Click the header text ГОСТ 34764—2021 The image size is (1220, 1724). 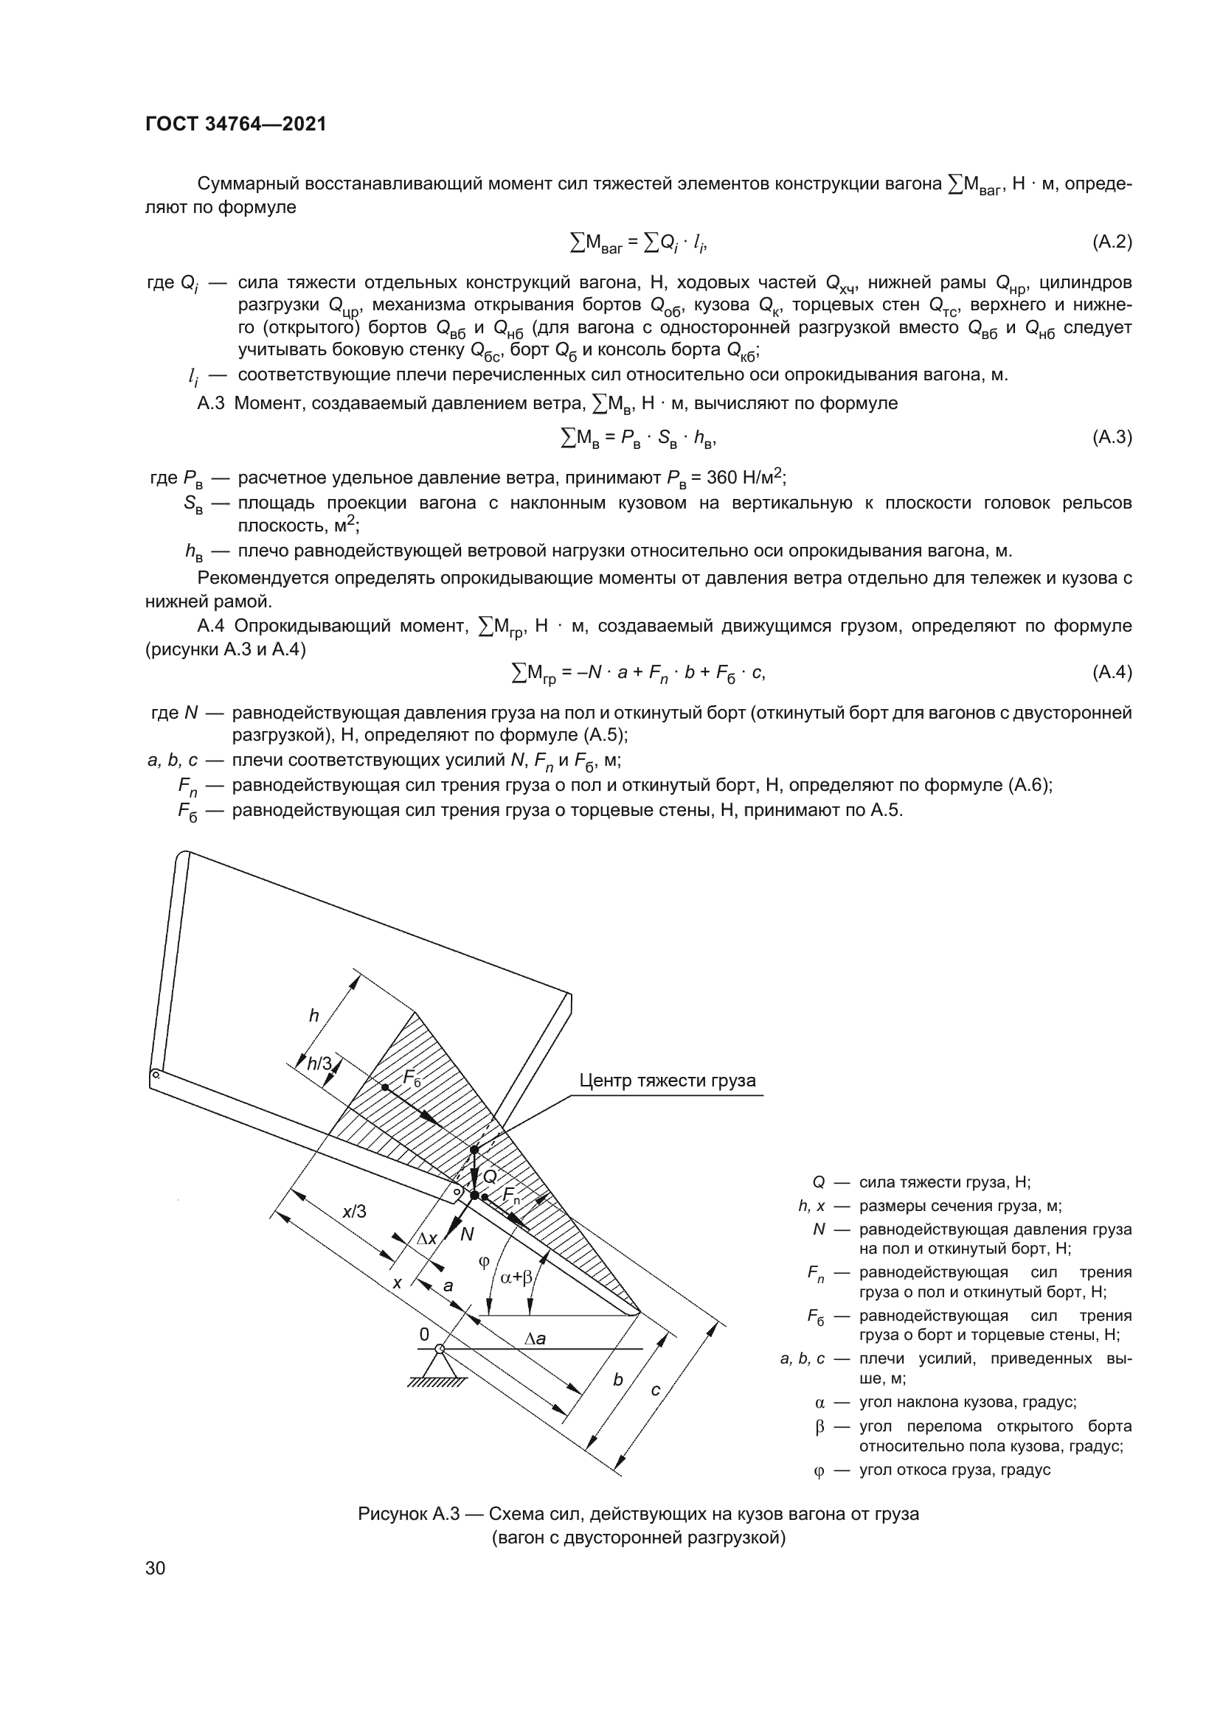(x=236, y=125)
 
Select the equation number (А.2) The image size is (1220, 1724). (x=1111, y=242)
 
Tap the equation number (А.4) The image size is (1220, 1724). (x=1111, y=672)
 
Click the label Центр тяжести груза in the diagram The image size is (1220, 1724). (x=667, y=1081)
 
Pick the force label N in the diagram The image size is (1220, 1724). (x=467, y=1235)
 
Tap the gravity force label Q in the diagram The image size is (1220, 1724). (x=490, y=1176)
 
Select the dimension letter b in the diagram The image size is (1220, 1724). (x=617, y=1379)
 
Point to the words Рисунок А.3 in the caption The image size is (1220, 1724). (x=408, y=1514)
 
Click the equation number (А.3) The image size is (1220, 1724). (x=1111, y=437)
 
